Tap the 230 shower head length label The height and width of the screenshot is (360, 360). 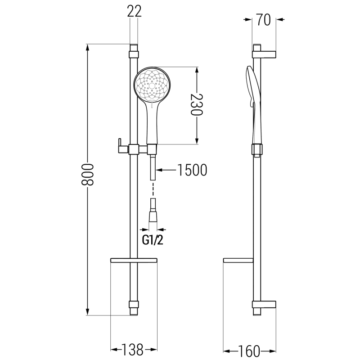tap(195, 106)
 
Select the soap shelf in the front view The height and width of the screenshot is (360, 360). tap(134, 261)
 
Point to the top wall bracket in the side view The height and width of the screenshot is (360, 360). tap(264, 54)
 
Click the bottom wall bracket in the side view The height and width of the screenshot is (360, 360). tap(264, 305)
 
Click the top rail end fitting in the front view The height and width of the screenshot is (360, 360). tap(134, 53)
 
